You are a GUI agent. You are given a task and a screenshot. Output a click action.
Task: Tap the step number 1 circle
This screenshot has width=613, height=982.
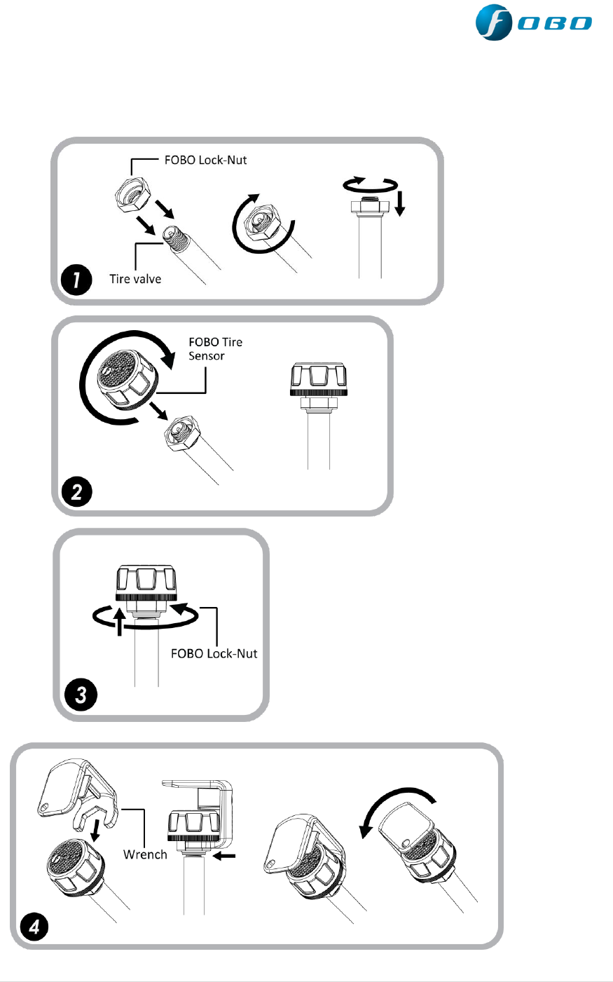tap(76, 280)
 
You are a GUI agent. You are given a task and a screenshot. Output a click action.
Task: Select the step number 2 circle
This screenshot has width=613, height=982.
tap(76, 491)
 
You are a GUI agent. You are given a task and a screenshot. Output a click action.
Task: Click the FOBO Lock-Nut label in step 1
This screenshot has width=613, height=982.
tap(205, 160)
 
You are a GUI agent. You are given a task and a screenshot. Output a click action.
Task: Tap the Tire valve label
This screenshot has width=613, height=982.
tap(135, 279)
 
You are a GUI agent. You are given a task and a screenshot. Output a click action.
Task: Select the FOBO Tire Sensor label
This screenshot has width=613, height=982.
tap(215, 349)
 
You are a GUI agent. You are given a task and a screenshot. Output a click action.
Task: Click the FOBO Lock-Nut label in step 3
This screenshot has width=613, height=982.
tap(214, 653)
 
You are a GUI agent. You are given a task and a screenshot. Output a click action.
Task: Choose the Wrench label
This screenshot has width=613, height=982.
tap(145, 854)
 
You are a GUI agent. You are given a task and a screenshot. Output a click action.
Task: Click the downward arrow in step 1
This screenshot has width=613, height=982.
tap(399, 203)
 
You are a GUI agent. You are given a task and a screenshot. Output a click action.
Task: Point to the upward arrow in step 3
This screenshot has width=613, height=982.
tap(120, 621)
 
